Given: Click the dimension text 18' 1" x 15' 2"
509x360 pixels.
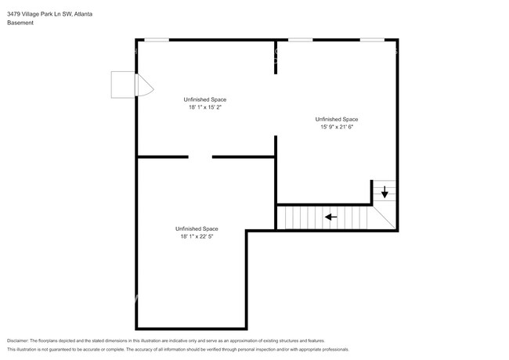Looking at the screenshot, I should tap(205, 108).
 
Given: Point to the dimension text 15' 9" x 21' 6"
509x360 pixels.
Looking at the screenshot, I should tap(338, 128).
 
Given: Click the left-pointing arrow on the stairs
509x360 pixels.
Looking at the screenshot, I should tap(331, 218).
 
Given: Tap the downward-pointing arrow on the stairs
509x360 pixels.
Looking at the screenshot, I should tap(384, 191).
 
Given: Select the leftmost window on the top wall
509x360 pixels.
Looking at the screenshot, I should tap(157, 39).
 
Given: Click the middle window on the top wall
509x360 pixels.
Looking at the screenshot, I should tap(300, 39).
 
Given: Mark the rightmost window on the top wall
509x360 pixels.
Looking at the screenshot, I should tap(372, 39).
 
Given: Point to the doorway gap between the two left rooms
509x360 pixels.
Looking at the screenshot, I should tap(200, 157).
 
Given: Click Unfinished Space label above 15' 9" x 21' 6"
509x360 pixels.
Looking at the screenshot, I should tap(338, 119).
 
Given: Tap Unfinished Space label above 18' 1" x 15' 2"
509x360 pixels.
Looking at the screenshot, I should tap(205, 99).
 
